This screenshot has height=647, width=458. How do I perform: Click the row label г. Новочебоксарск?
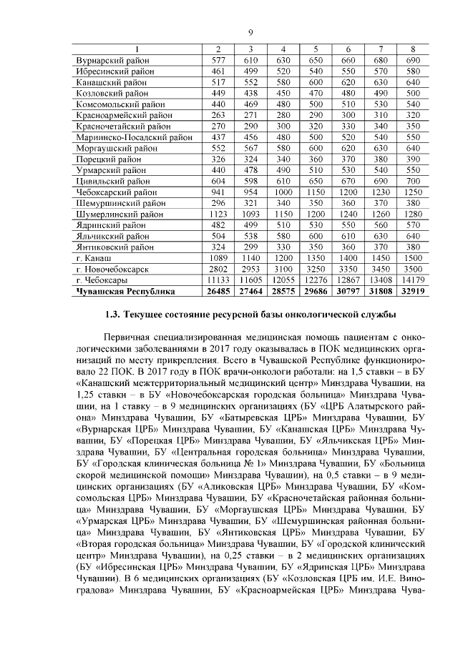112,269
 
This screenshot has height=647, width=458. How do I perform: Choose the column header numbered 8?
413,49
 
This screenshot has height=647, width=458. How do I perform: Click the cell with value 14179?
413,280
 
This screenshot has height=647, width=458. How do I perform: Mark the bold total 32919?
413,292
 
